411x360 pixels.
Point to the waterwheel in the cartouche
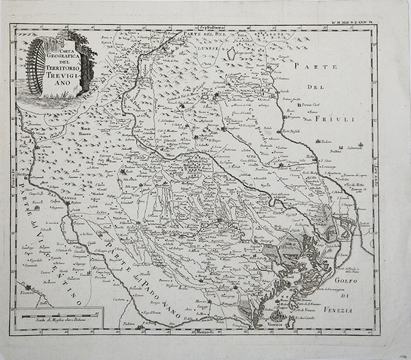tap(37, 67)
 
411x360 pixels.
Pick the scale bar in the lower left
tap(60, 315)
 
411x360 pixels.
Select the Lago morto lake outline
tap(231, 53)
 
